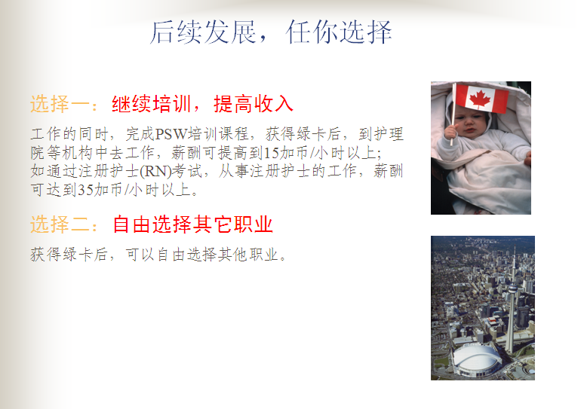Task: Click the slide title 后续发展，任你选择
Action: pos(271,32)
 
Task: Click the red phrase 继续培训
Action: pos(152,104)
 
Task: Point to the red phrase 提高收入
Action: pos(254,104)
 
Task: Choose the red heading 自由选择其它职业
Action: pos(193,224)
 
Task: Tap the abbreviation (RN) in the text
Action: pos(155,172)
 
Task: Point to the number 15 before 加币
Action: pos(272,153)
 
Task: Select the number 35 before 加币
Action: pos(85,190)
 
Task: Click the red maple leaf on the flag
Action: pos(479,98)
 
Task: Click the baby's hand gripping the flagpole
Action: pos(451,131)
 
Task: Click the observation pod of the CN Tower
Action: pos(513,288)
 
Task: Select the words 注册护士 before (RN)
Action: pos(109,172)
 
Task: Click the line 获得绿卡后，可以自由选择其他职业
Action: pos(158,255)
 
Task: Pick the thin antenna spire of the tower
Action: pos(515,262)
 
